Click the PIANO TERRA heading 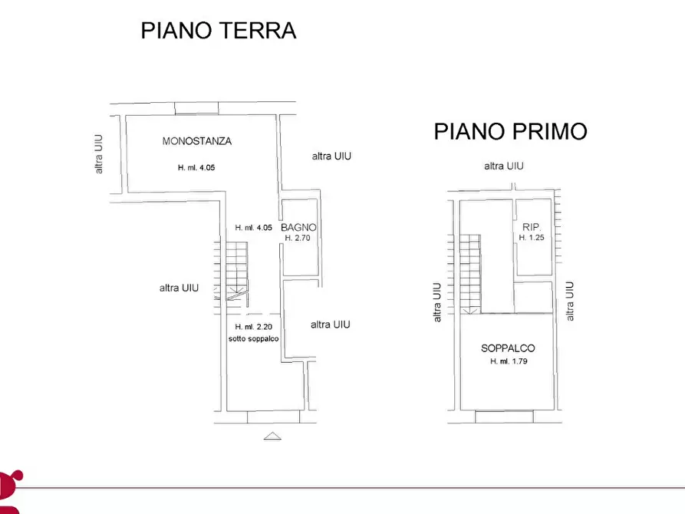click(219, 31)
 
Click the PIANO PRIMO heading click(510, 131)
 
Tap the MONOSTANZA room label click(197, 141)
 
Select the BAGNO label click(298, 228)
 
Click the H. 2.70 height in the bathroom click(298, 238)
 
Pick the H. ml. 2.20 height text click(254, 327)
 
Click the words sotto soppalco click(254, 338)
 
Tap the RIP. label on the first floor click(532, 227)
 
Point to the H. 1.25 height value click(532, 238)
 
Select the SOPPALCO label click(509, 348)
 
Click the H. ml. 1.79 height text click(509, 361)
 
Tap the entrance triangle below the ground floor click(272, 436)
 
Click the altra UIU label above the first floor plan click(503, 166)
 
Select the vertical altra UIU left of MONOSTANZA click(99, 153)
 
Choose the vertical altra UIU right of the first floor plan click(569, 301)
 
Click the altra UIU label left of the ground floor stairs click(179, 288)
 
